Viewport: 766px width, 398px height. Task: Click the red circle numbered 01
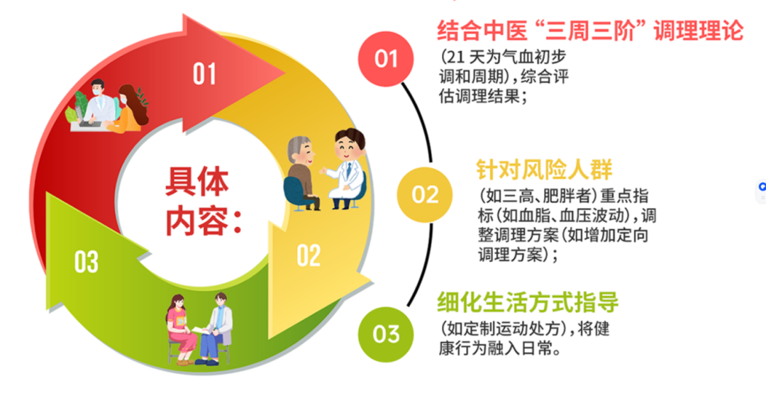[386, 59]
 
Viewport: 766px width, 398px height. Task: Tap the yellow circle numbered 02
[425, 194]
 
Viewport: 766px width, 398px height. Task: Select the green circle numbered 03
[386, 334]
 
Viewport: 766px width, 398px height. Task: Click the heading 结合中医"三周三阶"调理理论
[590, 31]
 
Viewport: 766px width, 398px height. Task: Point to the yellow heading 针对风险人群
[544, 170]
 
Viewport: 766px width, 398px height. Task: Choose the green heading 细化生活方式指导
[528, 302]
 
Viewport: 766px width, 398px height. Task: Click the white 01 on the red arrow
[204, 74]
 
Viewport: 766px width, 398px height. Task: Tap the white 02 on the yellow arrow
[309, 255]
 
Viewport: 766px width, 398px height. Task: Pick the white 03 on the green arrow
[87, 262]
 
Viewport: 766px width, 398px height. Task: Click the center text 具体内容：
[201, 201]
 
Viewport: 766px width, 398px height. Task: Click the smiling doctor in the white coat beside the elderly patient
[346, 169]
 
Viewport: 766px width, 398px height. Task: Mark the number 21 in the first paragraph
[455, 57]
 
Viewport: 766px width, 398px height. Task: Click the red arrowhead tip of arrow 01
[285, 74]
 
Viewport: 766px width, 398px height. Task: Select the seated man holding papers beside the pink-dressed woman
[215, 328]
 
